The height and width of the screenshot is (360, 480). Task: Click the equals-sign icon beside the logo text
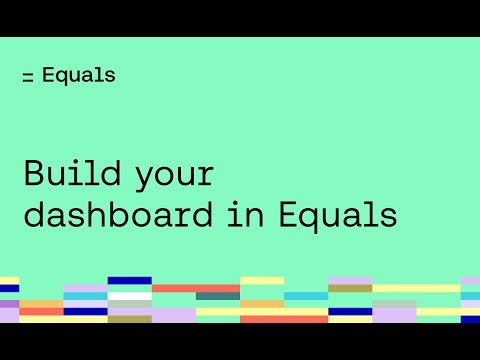point(28,77)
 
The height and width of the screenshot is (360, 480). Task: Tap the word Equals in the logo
point(79,75)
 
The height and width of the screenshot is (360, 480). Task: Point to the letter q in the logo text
point(67,77)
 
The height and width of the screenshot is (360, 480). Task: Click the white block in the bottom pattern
point(129,296)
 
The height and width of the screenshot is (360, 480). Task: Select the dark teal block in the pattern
point(217,296)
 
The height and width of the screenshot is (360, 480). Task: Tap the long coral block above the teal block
point(195,288)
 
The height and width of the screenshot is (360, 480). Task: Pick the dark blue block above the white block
point(129,281)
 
